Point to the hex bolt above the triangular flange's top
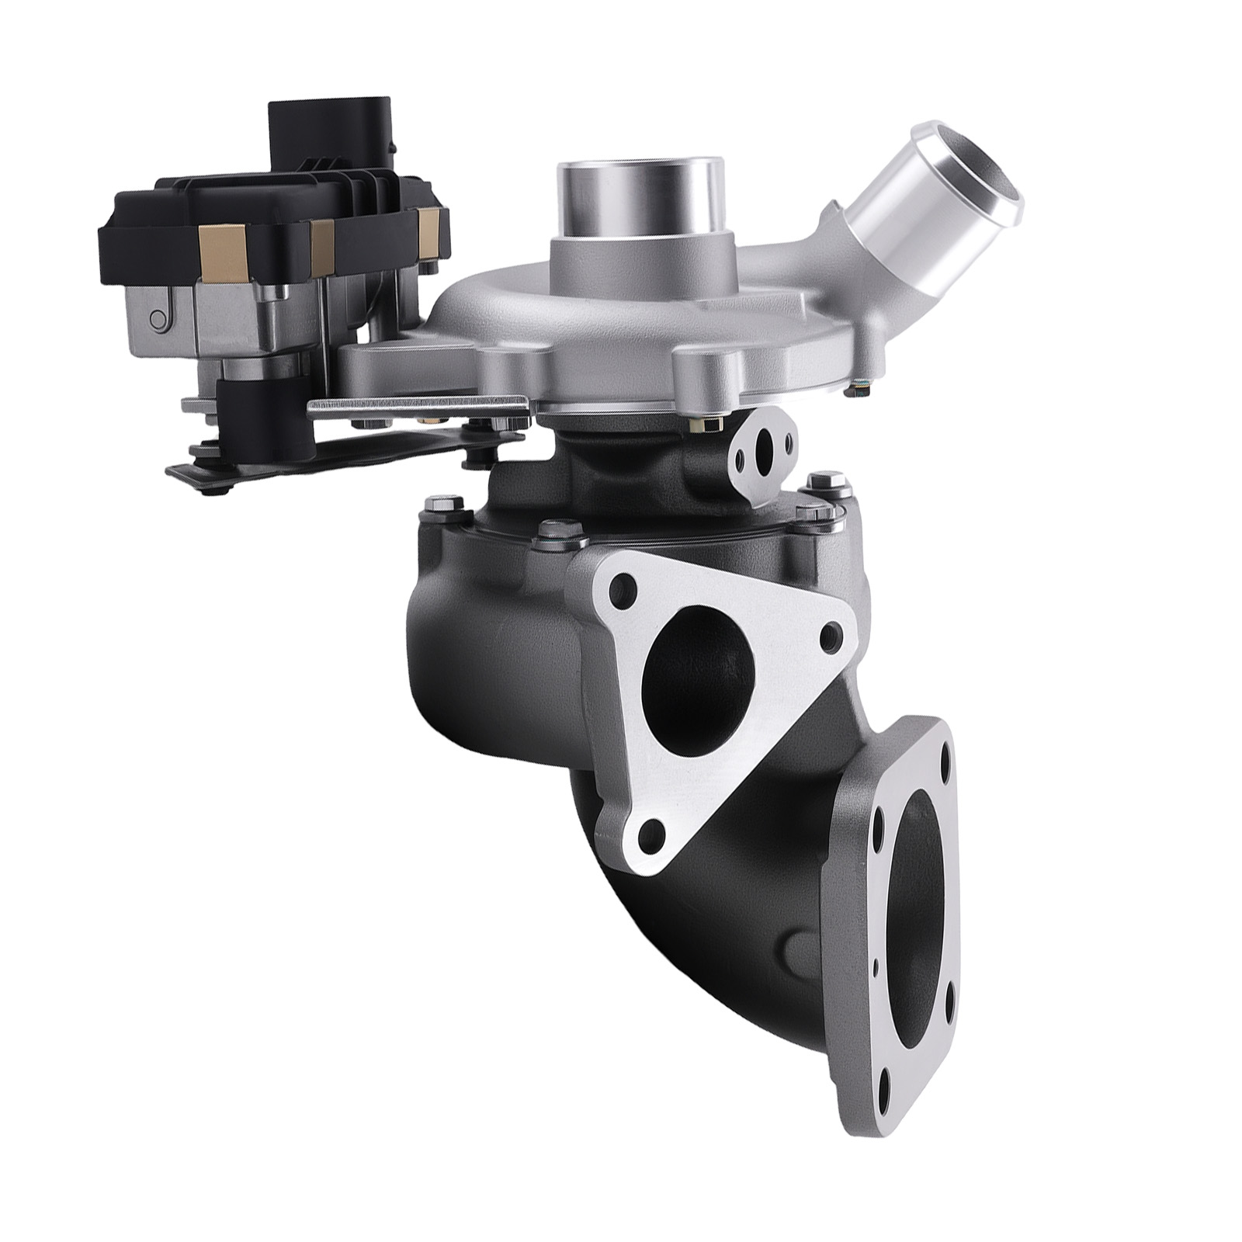554,530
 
